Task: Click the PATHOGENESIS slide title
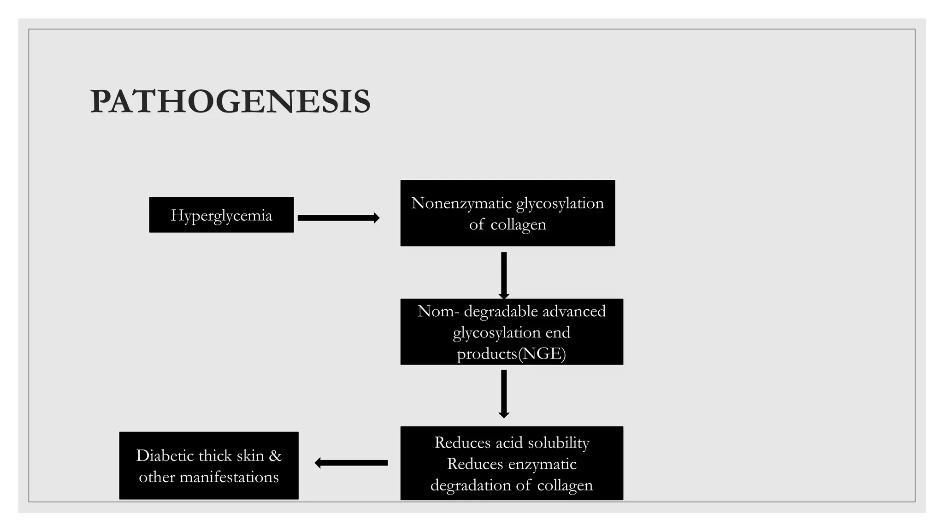pos(230,101)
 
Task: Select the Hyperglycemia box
pos(221,215)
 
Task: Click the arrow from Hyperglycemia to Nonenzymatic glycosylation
pos(338,218)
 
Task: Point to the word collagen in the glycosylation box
pos(518,224)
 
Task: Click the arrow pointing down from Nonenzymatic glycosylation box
pos(504,275)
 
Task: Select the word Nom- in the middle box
pos(438,311)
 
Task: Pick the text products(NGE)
pos(511,354)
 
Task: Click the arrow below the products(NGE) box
pos(504,393)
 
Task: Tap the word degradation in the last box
pos(471,485)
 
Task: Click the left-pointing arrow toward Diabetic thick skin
pos(351,463)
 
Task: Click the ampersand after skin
pos(275,456)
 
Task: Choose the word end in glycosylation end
pos(558,332)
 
